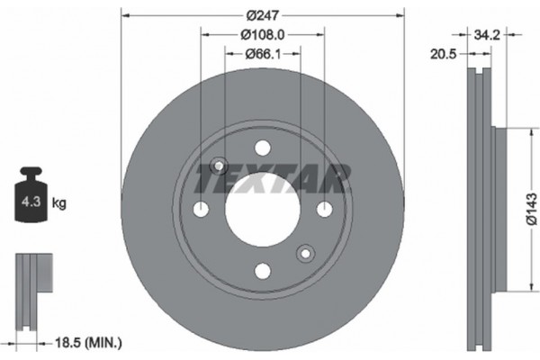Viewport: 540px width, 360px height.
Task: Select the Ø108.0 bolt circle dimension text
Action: pos(262,35)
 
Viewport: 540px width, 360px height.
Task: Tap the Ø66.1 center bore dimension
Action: pos(262,55)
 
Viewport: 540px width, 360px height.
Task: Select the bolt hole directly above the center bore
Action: pos(262,148)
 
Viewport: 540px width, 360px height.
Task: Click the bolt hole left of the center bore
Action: pos(202,209)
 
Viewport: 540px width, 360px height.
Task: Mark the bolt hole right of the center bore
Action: pos(323,209)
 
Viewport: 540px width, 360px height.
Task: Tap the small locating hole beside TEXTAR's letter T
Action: pos(217,166)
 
